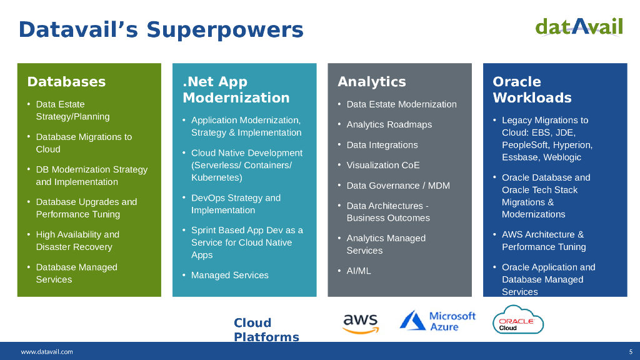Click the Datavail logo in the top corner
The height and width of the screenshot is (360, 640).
coord(579,27)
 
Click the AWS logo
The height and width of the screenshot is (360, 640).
coord(361,324)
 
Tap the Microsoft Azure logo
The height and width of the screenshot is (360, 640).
coord(437,321)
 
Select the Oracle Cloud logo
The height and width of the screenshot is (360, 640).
coord(518,319)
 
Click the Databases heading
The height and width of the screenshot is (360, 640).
coord(66,82)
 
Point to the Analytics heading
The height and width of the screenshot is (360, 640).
coord(372,82)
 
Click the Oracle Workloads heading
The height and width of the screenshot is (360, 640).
coord(532,90)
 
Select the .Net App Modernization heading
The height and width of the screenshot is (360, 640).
coord(236,90)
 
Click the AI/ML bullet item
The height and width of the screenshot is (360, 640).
coord(359,271)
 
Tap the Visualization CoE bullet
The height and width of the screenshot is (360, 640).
coord(383,165)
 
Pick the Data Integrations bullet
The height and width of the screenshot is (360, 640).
coord(382,145)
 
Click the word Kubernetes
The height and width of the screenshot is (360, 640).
coord(216,177)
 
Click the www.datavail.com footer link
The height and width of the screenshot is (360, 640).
coord(47,351)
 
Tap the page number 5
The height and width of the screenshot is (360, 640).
coord(631,351)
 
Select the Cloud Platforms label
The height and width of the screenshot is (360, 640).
coord(266,330)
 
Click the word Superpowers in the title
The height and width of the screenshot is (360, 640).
coord(225,30)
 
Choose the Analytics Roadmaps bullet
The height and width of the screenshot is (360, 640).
coord(389,124)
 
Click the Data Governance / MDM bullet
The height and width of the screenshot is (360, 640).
coord(398,186)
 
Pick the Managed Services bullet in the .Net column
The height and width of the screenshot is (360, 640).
coord(230,275)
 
